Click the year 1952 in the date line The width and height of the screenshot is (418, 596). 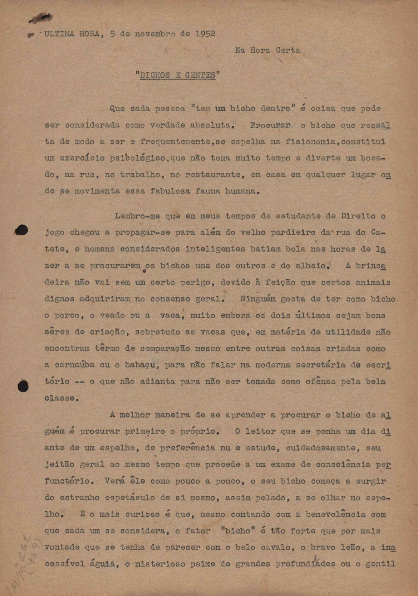(205, 34)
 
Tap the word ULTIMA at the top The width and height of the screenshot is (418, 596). (59, 34)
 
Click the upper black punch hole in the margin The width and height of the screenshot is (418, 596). (21, 230)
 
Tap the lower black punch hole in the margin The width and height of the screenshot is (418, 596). (23, 386)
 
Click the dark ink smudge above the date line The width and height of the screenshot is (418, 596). (41, 18)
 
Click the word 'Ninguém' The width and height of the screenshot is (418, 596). (257, 299)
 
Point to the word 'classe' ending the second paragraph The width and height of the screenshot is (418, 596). (61, 398)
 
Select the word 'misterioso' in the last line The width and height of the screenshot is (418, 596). (157, 564)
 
